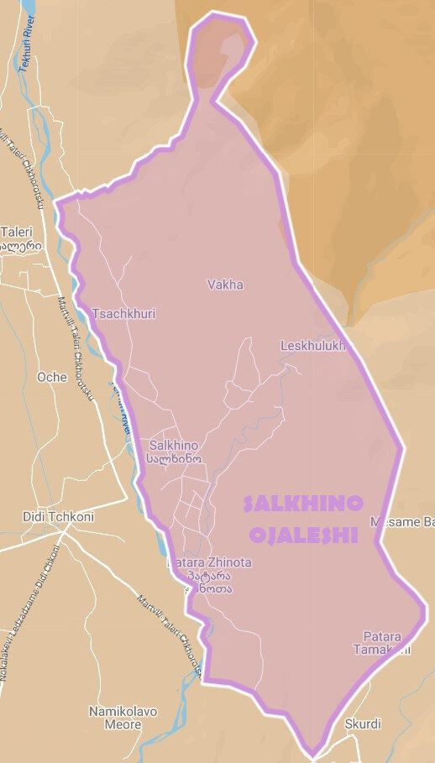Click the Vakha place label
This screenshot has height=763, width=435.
[x=225, y=285]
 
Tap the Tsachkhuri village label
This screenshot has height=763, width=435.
[x=124, y=314]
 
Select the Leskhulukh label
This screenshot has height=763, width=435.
[x=312, y=345]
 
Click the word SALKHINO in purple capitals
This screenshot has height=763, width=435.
[x=303, y=504]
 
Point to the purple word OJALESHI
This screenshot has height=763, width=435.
[x=304, y=535]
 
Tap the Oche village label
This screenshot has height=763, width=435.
[x=52, y=377]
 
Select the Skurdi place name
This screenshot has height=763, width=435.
[x=363, y=724]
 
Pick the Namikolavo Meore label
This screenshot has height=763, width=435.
[x=123, y=718]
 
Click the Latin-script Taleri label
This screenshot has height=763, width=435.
[x=16, y=232]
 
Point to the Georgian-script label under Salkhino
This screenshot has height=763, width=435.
[x=173, y=459]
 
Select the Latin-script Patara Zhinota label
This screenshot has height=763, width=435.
[x=209, y=562]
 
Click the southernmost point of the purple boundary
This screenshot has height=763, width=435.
[x=312, y=753]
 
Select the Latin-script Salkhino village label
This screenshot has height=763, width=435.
[x=173, y=445]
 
